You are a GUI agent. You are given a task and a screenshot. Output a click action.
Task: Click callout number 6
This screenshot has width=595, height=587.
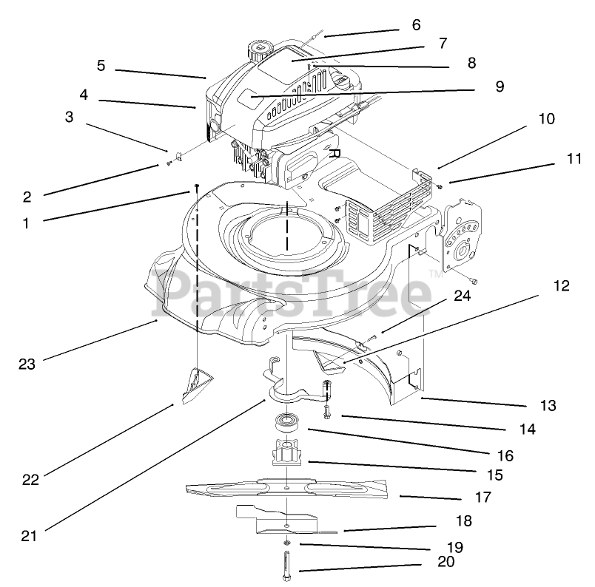(x=416, y=25)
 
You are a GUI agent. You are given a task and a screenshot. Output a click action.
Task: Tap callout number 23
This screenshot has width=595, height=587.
(x=27, y=363)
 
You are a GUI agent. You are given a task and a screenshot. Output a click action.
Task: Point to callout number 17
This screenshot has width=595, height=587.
(x=483, y=498)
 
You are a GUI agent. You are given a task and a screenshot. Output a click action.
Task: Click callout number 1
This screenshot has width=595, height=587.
(x=26, y=222)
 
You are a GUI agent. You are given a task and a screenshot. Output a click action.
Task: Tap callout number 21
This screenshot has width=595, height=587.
(x=28, y=536)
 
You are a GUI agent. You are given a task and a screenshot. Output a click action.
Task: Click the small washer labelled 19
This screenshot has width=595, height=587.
(x=287, y=546)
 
